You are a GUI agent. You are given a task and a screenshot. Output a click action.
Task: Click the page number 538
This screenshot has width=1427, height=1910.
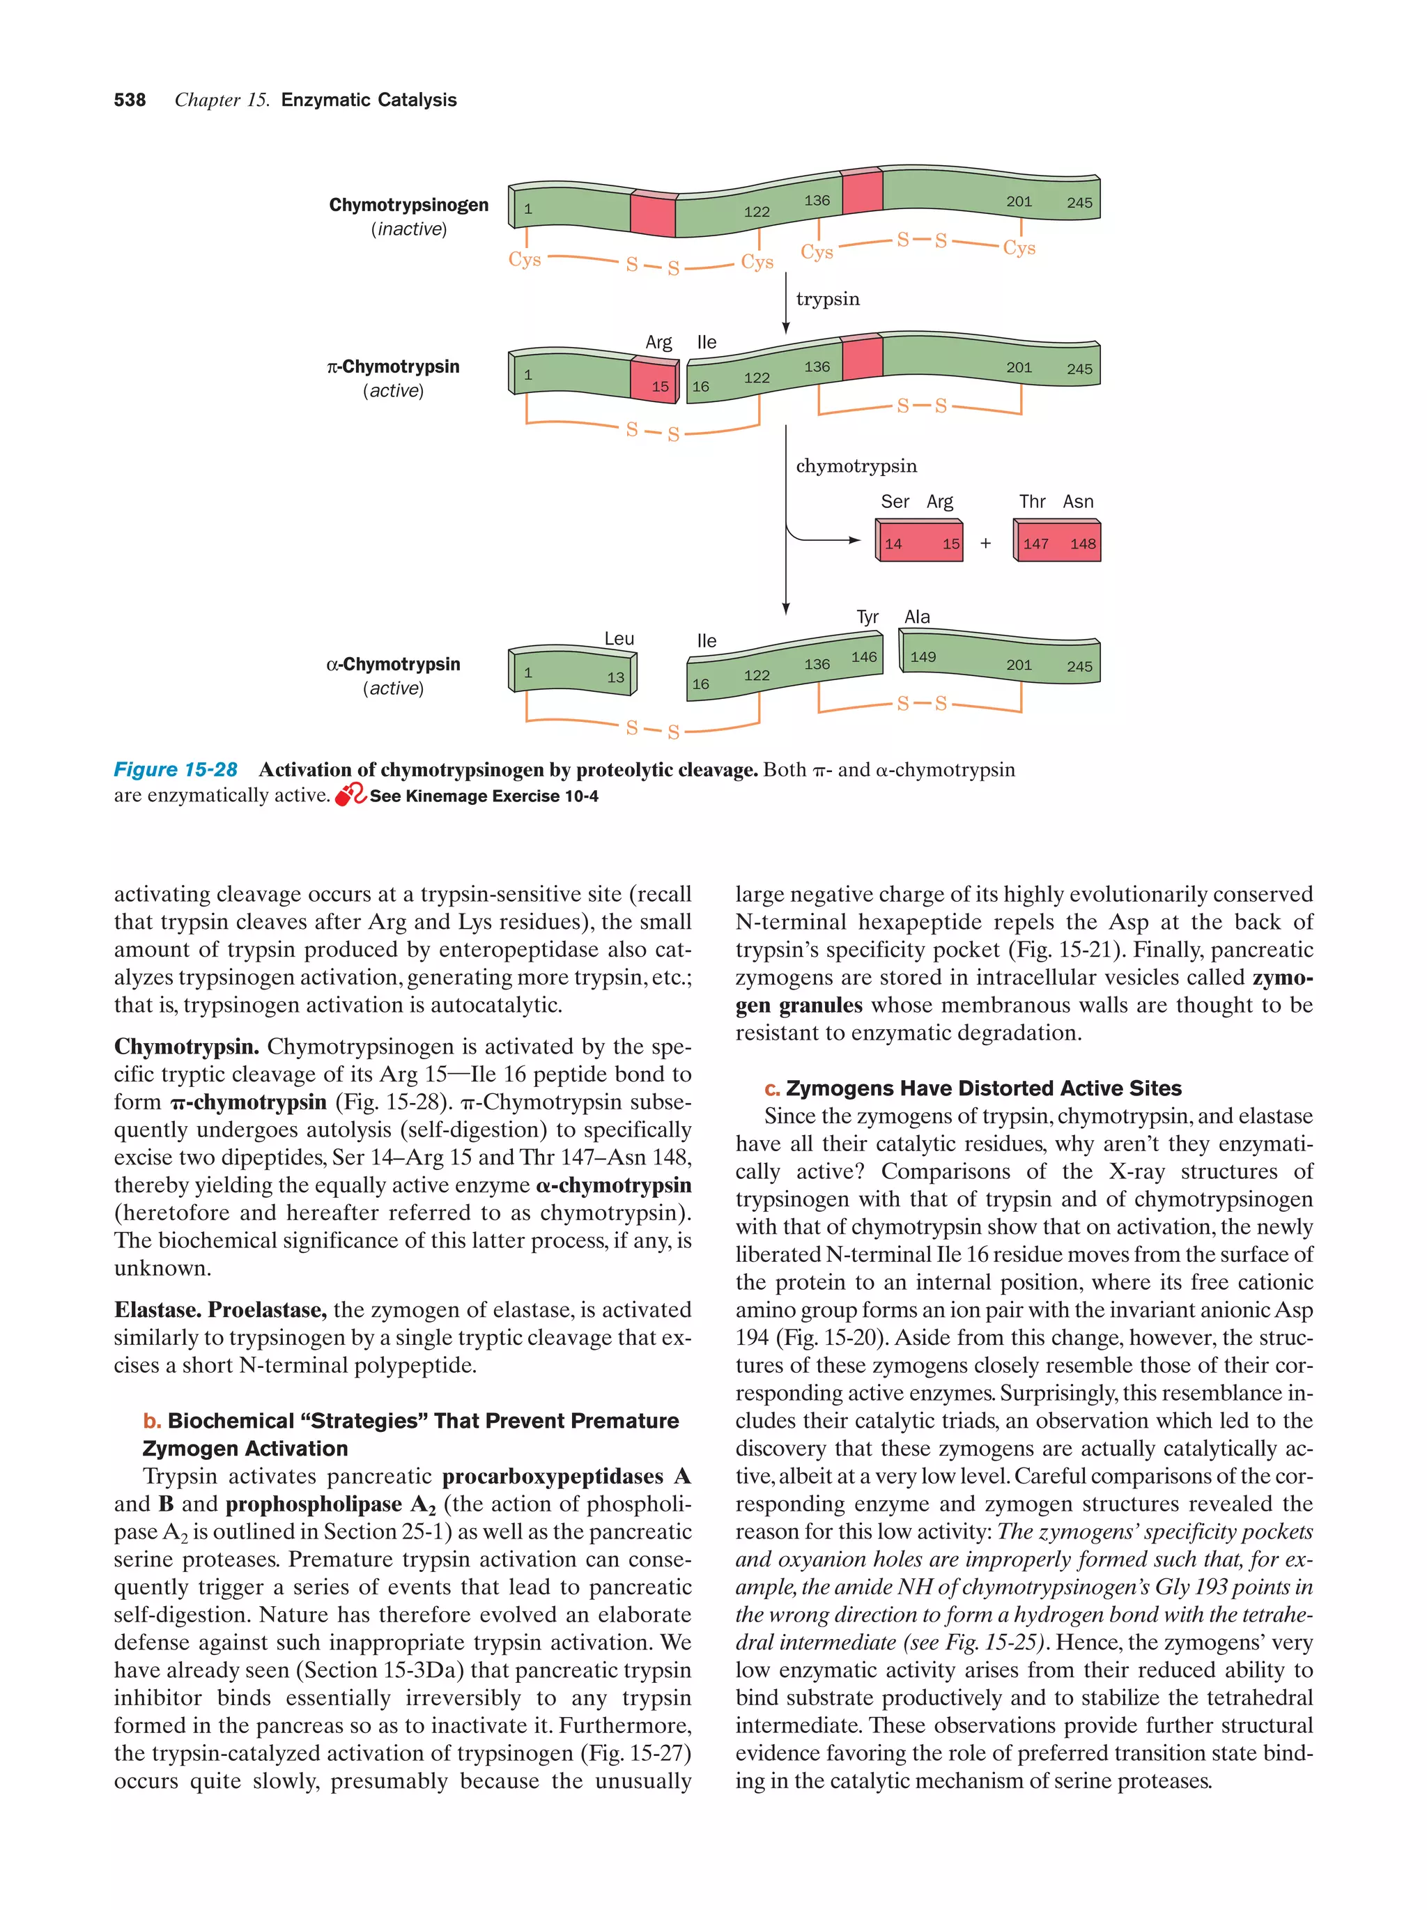pos(130,100)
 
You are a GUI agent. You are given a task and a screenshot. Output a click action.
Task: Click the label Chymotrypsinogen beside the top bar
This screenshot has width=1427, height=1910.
pos(408,205)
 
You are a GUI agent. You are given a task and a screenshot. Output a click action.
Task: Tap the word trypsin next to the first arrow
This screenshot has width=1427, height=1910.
pos(827,299)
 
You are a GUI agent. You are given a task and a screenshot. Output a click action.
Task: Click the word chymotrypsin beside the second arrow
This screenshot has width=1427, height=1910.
pos(856,466)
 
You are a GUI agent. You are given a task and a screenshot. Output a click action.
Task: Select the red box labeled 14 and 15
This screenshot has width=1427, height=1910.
pos(919,542)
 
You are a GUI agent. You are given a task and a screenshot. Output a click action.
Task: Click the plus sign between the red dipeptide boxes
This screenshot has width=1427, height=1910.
pos(985,543)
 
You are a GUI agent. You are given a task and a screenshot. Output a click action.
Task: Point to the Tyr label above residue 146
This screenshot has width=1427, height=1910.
pos(867,617)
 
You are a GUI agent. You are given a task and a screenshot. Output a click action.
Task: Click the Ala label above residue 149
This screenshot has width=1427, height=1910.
pos(917,617)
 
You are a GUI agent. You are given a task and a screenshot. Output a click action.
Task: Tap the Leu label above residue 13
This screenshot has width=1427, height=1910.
pos(619,639)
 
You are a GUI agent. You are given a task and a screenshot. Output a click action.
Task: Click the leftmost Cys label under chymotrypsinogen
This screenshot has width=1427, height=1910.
pos(524,259)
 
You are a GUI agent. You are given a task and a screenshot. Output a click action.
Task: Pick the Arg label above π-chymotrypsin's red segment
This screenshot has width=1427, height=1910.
pos(658,342)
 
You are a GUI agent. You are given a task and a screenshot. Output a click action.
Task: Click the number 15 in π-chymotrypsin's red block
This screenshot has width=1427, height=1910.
pos(660,386)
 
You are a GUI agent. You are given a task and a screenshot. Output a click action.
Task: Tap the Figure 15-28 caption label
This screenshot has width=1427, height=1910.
pos(176,769)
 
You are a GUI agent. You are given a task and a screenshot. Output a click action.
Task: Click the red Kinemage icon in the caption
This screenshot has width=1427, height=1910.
pos(350,795)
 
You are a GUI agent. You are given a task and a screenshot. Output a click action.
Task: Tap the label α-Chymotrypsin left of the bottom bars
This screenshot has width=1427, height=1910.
pos(393,664)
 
